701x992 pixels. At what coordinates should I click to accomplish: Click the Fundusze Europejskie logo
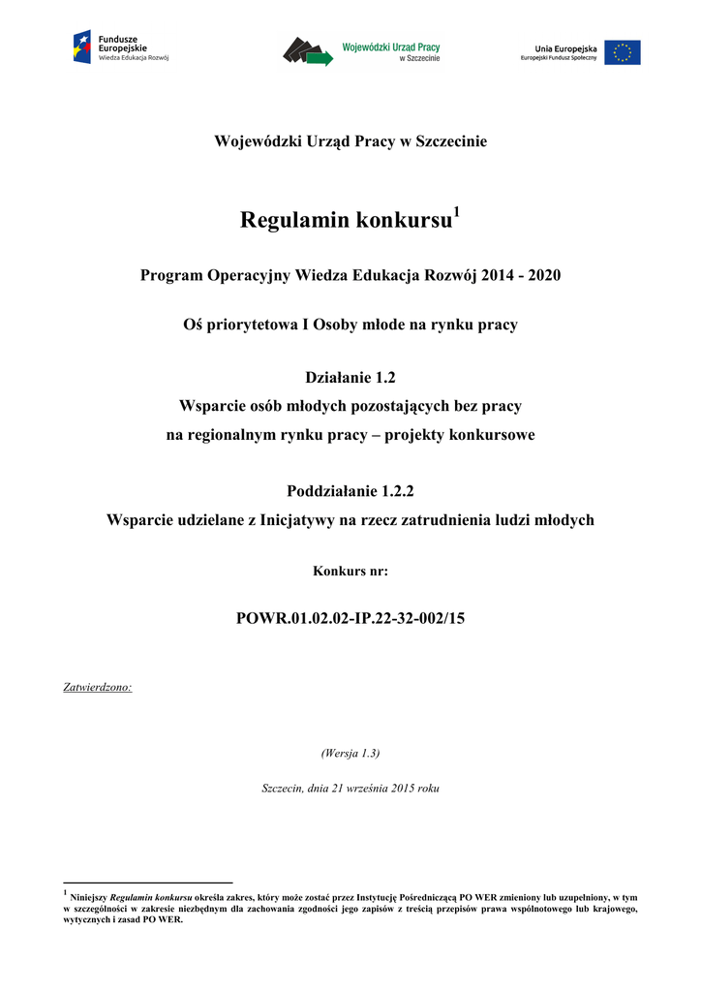tap(121, 47)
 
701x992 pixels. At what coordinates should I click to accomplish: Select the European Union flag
tap(623, 52)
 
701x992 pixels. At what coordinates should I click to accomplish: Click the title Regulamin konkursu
tap(346, 221)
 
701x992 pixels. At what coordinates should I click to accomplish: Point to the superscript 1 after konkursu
tap(457, 212)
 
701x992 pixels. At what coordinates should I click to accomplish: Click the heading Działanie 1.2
tap(350, 377)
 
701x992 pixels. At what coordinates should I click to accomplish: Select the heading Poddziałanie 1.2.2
tap(350, 491)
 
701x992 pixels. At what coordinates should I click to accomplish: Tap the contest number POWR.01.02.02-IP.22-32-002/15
tap(350, 617)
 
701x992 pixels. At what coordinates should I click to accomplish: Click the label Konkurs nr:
tap(350, 572)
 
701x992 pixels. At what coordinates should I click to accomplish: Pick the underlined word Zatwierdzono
tap(98, 688)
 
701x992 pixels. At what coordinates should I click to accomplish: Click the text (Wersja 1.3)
tap(350, 753)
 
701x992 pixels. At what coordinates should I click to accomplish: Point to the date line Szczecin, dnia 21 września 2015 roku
tap(350, 789)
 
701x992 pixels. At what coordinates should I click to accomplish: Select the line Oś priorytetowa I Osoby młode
tap(350, 325)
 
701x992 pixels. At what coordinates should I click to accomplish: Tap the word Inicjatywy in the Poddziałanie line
tap(299, 520)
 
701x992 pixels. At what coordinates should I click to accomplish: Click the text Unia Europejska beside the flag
tap(565, 47)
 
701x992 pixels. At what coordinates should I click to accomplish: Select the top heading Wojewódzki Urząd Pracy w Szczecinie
tap(350, 142)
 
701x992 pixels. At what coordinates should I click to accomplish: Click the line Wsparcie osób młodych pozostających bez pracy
tap(350, 406)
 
